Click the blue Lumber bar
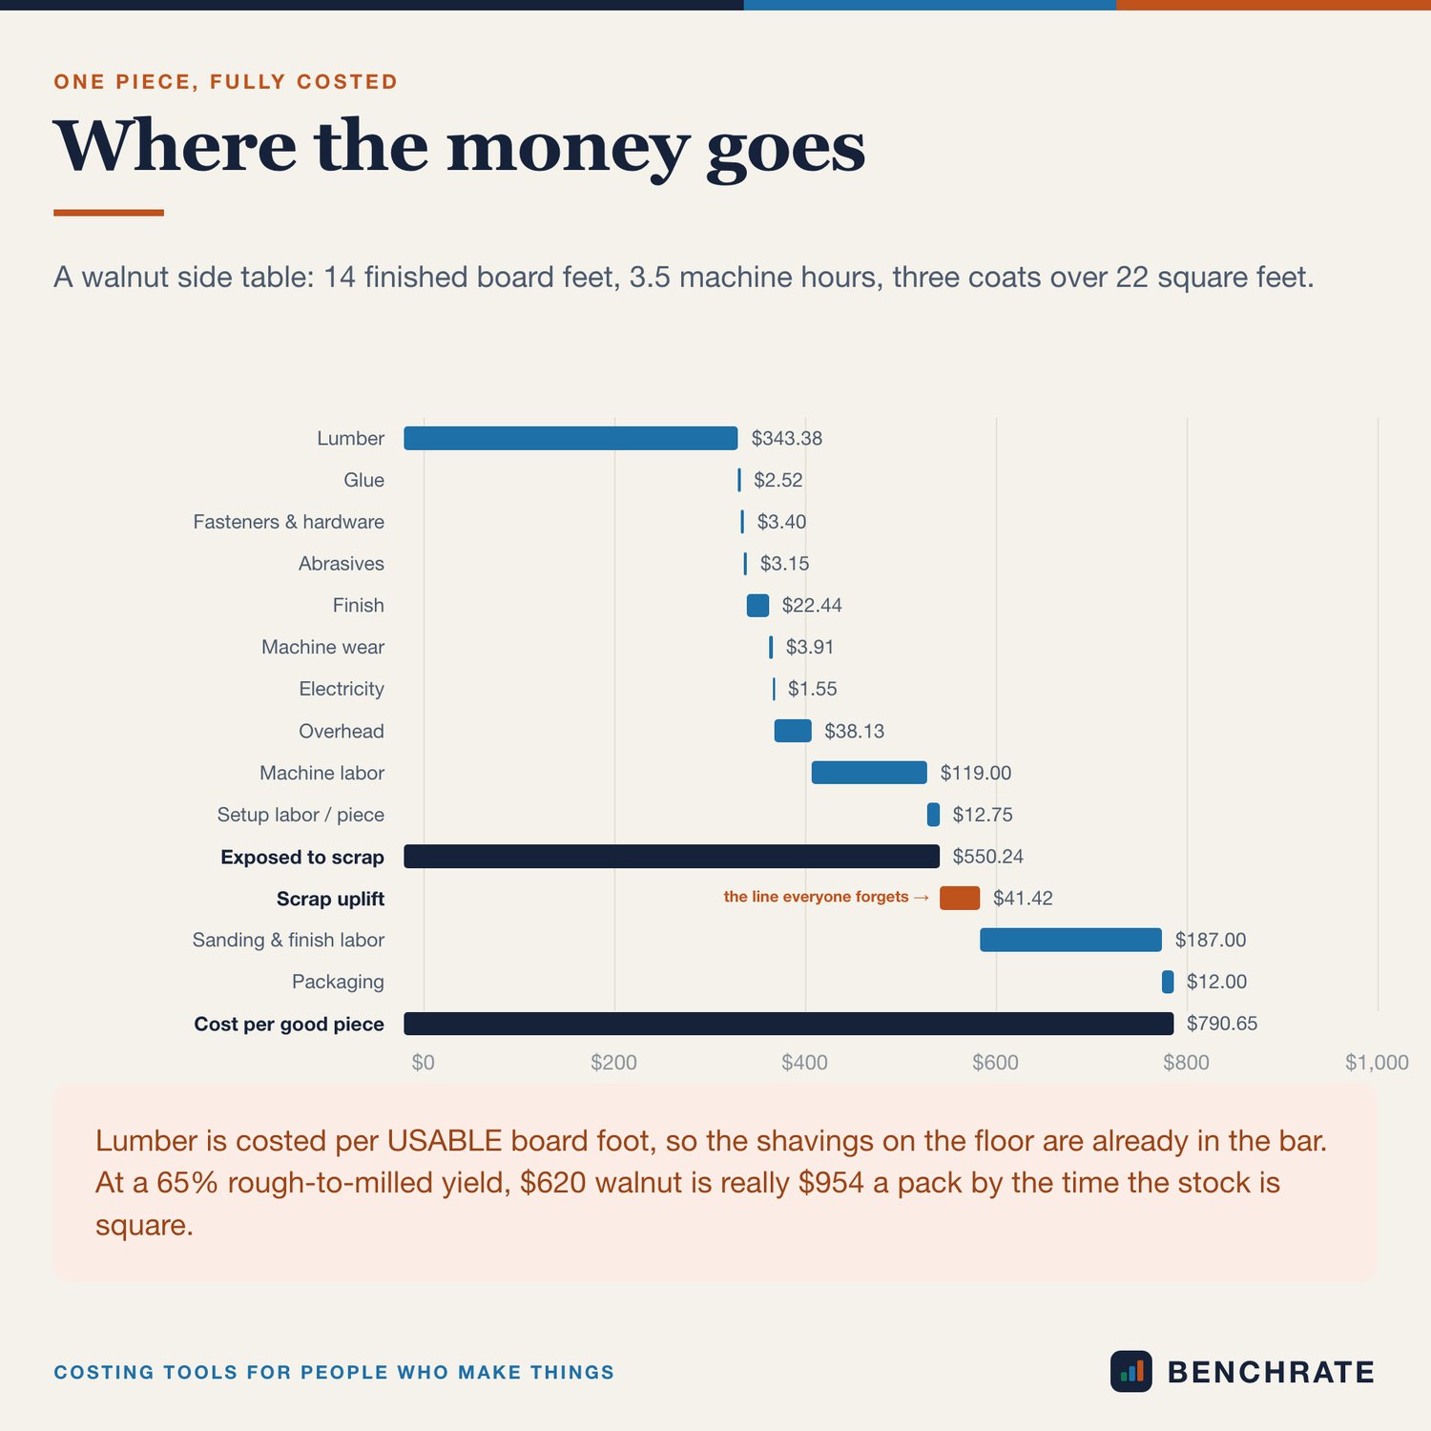pos(570,438)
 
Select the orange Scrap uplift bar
pos(960,898)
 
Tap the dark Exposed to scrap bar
pos(672,857)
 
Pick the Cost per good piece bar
pos(789,1024)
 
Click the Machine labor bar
pos(869,773)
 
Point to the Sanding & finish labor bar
pos(1071,940)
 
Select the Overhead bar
pos(793,731)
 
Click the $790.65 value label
pos(1222,1024)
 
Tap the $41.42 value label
pos(1023,898)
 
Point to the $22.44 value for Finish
pos(812,605)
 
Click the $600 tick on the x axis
pos(995,1063)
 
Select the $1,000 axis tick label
pos(1377,1063)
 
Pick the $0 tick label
pos(423,1063)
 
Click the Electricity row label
pos(342,689)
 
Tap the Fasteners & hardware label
pos(288,522)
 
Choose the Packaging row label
pos(338,982)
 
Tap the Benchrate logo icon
pos(1131,1372)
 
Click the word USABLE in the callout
pos(445,1141)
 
